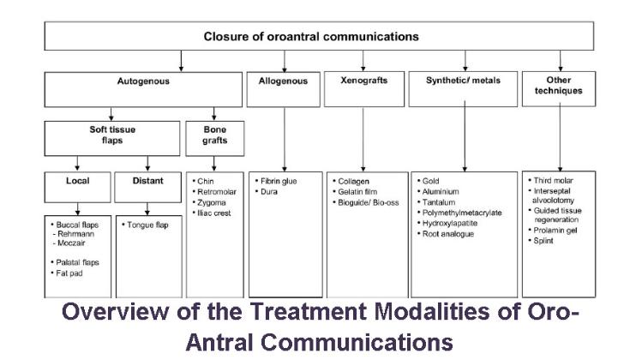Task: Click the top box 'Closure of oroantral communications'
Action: tap(311, 37)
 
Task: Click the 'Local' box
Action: tap(78, 181)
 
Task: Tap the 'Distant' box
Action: tap(147, 181)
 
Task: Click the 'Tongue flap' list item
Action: tap(147, 225)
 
